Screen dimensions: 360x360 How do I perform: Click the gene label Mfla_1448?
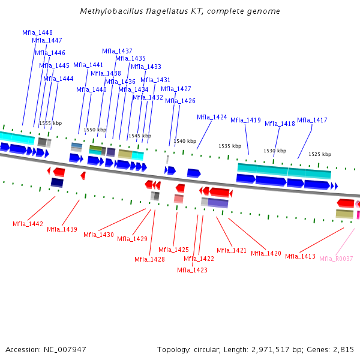[37, 32]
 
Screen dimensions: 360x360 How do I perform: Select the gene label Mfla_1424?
[212, 117]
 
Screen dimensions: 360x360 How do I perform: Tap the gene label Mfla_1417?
[312, 120]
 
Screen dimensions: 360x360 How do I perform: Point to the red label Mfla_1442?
[28, 224]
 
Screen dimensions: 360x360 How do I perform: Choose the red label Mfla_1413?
[300, 256]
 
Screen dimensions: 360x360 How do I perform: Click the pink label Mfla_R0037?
[336, 259]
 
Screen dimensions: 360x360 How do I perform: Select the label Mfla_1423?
[192, 270]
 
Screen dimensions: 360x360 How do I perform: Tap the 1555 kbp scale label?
[50, 123]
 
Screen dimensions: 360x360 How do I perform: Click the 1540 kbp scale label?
[185, 142]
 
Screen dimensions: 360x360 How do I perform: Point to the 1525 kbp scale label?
[320, 154]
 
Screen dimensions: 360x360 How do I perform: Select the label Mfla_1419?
[245, 120]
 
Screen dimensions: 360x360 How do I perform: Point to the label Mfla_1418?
[280, 124]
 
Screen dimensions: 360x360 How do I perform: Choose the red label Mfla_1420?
[266, 253]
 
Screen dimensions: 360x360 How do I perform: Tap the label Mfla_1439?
[62, 229]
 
